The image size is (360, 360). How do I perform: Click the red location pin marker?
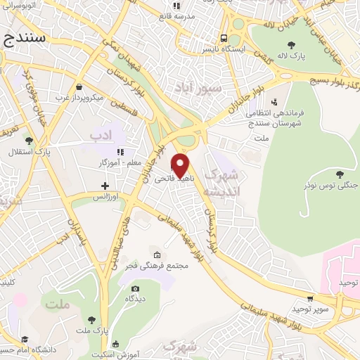click(181, 165)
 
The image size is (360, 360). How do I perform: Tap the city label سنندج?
click(24, 39)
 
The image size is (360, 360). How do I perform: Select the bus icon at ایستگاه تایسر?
click(224, 39)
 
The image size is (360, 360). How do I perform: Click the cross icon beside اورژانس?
click(105, 186)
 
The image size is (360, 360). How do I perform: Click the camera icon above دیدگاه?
click(135, 288)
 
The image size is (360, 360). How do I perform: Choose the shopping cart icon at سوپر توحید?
click(311, 298)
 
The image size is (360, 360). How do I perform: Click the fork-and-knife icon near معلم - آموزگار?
click(120, 152)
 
